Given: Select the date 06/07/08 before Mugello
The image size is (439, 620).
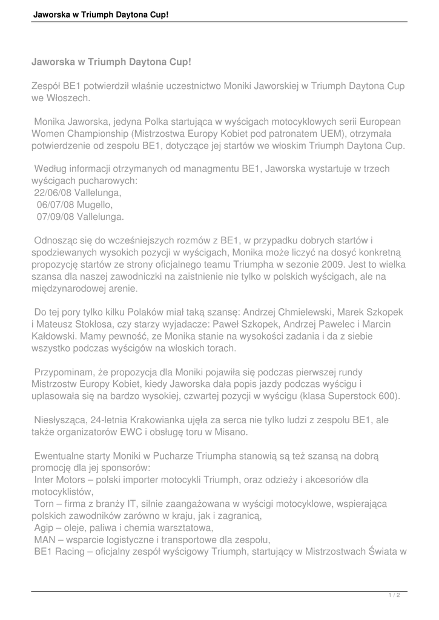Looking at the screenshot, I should [55, 205].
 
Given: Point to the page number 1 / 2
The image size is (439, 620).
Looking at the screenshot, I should [394, 596].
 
